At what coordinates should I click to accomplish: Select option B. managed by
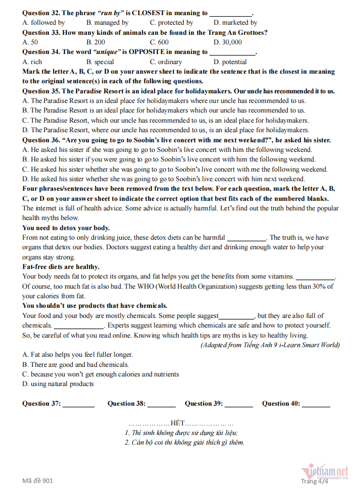(x=107, y=23)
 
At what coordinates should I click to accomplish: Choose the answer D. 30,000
(x=227, y=42)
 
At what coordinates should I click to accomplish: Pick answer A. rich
(x=32, y=62)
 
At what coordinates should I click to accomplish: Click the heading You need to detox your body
(x=66, y=228)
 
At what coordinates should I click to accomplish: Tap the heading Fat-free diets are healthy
(x=61, y=267)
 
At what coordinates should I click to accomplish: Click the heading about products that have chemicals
(x=94, y=306)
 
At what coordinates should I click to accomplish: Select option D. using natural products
(x=58, y=384)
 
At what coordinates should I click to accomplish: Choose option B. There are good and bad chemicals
(x=76, y=364)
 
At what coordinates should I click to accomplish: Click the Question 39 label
(x=203, y=404)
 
